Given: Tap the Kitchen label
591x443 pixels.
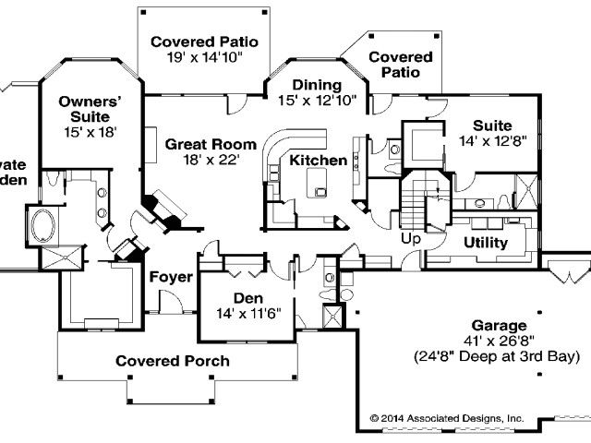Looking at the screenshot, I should point(319,161).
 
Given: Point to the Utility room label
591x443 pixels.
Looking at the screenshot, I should point(485,243).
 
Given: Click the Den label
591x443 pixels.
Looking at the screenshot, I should point(247,298).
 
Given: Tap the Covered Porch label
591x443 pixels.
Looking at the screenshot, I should point(173,361).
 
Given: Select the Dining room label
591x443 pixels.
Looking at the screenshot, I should point(317,86).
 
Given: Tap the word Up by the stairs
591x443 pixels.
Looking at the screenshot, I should point(410,239).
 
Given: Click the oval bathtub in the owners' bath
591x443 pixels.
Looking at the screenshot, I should point(42,224).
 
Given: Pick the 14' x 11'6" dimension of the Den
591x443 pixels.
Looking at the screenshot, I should point(247,314).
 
